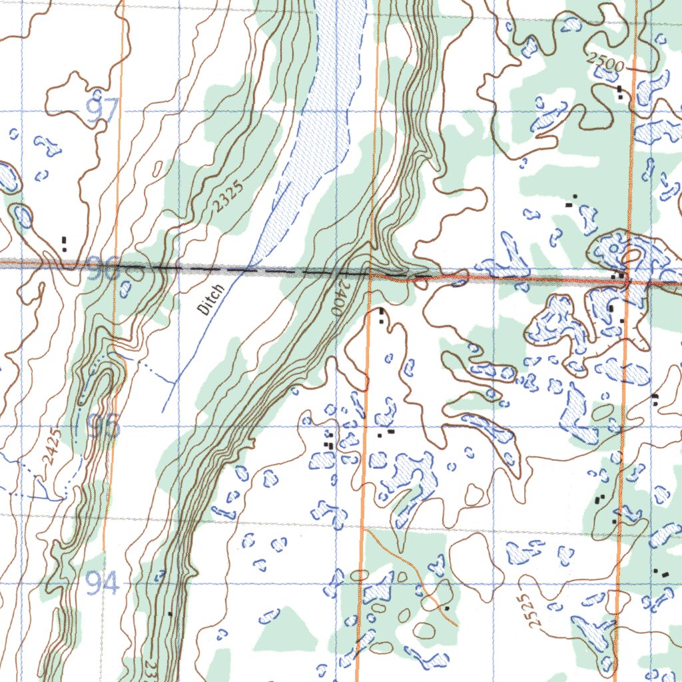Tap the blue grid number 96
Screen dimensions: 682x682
tap(104, 269)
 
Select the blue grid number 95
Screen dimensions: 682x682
tap(105, 426)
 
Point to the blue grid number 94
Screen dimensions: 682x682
tap(103, 585)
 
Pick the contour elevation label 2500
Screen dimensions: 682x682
tap(605, 64)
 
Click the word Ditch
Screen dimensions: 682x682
tap(212, 299)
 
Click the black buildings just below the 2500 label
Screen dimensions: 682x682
tap(620, 92)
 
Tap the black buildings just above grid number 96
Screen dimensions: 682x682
tap(64, 243)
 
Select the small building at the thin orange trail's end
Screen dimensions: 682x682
tap(447, 608)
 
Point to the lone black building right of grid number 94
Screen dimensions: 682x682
tap(170, 613)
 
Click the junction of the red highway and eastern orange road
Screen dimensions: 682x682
tap(627, 282)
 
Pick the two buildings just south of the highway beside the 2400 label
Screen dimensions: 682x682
tap(381, 316)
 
